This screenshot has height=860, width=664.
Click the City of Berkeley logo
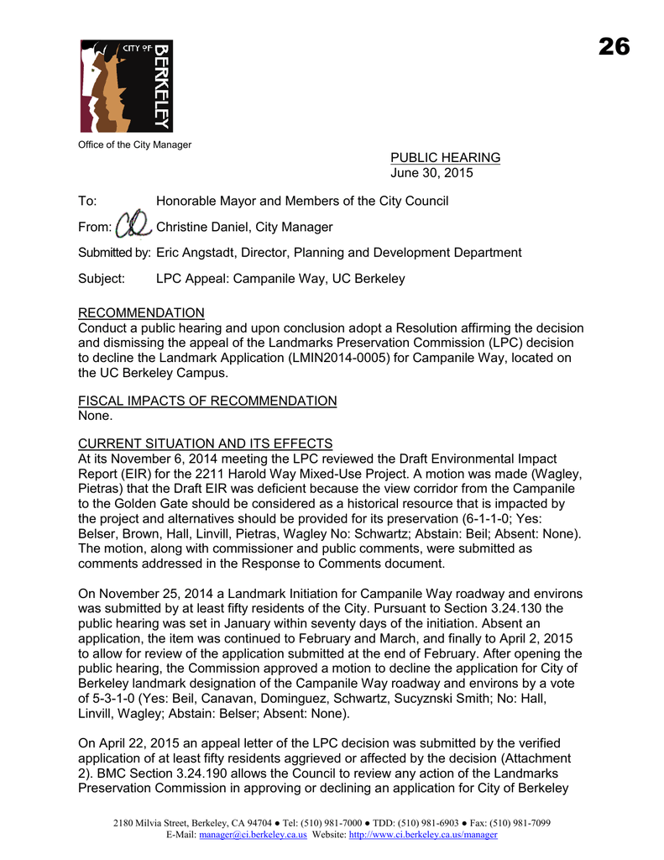tap(126, 86)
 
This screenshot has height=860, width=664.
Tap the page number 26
tap(614, 47)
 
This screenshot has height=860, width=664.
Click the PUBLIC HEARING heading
tap(445, 158)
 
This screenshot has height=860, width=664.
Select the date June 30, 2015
tap(431, 174)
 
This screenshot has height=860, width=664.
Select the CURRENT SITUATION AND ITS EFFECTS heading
tap(205, 443)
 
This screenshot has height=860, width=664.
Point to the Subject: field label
tap(102, 279)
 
